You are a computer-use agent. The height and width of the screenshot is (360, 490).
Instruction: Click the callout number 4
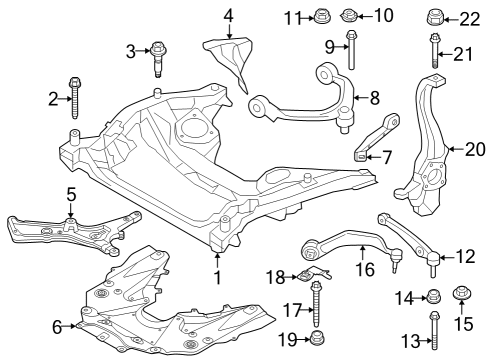(229, 15)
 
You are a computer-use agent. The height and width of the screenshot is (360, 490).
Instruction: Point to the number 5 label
(71, 193)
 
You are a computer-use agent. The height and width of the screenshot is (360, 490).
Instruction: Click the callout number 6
(57, 325)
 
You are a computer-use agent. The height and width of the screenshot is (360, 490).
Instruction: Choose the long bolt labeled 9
(351, 47)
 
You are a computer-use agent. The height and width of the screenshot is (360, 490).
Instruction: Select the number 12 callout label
(466, 257)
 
